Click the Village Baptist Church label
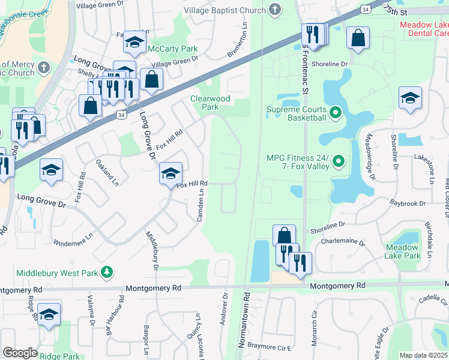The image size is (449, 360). (224, 10)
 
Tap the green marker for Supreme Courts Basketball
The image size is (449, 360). (336, 112)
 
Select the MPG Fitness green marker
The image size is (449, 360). (339, 161)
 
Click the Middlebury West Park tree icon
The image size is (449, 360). (107, 272)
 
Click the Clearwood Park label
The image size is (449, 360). (204, 103)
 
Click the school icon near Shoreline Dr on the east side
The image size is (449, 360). (410, 98)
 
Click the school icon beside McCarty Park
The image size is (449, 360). (134, 42)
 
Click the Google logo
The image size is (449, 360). (20, 353)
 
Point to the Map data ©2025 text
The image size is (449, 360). (424, 355)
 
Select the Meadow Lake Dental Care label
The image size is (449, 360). (424, 29)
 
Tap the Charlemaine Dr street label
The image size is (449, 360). (343, 243)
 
